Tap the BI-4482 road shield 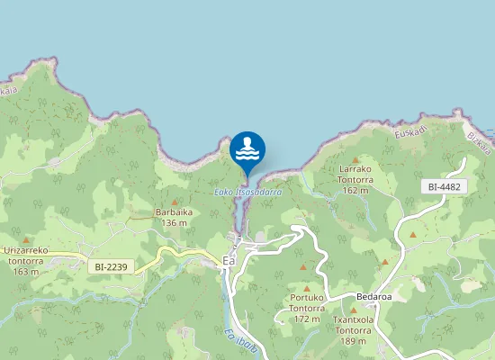pos(445,186)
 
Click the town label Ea pos(229,261)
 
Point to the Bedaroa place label pos(373,296)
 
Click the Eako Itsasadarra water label pos(247,192)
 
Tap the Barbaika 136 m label pos(171,217)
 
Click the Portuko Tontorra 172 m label pos(307,308)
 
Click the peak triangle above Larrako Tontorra pos(355,160)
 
